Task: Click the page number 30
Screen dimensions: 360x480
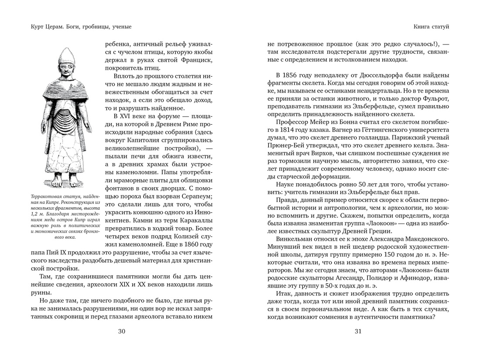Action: [x=122, y=331]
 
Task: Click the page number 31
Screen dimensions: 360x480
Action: [x=358, y=331]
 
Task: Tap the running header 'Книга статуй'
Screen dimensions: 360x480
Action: [x=431, y=27]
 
